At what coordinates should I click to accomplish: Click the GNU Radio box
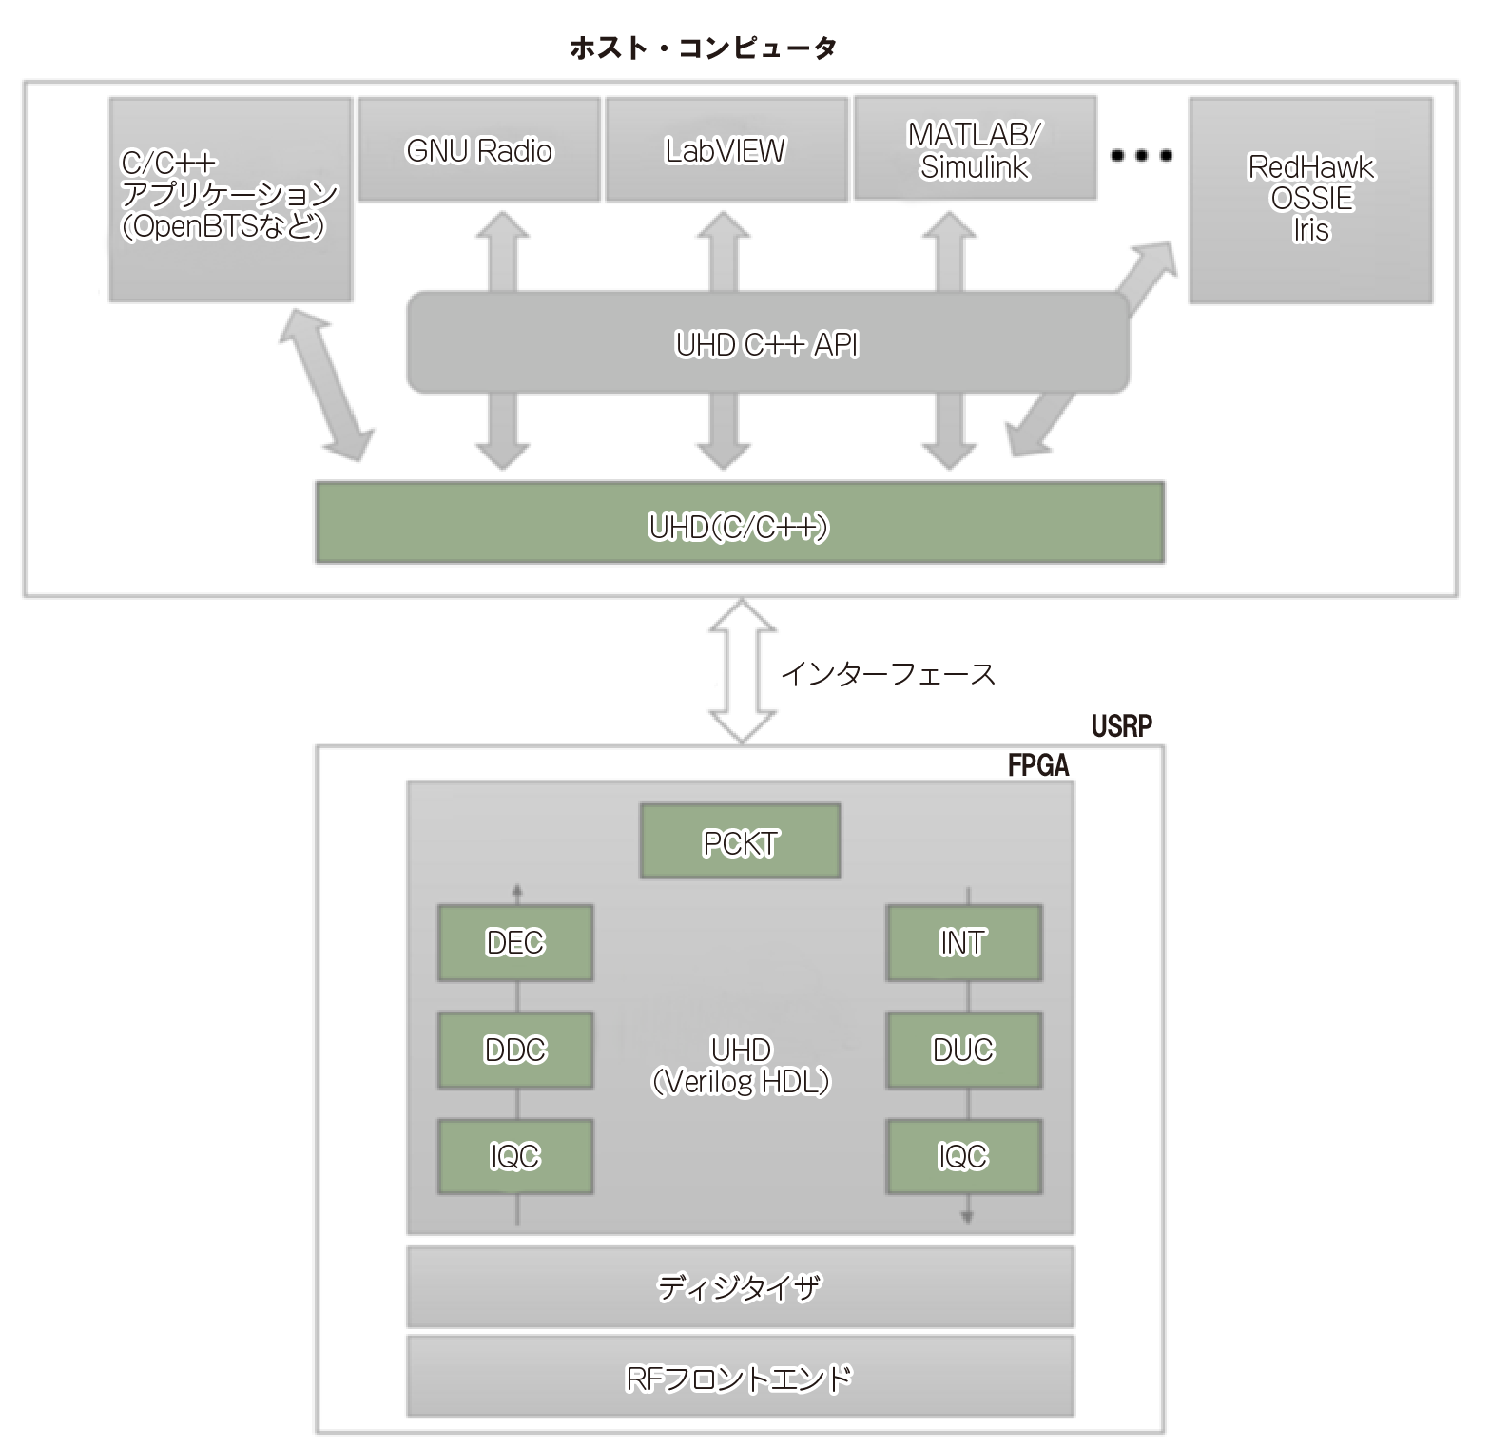(479, 150)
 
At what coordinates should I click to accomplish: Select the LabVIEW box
(726, 150)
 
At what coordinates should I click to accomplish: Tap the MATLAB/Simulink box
(975, 149)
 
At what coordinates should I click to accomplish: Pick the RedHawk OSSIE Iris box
(1310, 200)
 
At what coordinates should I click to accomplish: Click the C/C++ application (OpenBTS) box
(230, 200)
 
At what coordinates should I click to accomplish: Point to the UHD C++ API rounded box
(767, 343)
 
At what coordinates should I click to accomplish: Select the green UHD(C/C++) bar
(739, 524)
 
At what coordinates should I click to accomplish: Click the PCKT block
(740, 841)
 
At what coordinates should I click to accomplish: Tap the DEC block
(515, 942)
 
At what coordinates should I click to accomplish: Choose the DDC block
(515, 1050)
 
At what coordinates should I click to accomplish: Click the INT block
(963, 942)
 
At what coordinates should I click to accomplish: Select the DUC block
(963, 1050)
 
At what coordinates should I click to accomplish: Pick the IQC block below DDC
(515, 1156)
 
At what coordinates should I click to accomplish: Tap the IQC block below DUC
(963, 1156)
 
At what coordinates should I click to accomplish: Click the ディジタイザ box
(740, 1286)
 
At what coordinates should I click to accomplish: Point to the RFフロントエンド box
(740, 1377)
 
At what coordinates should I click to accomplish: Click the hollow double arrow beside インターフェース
(743, 671)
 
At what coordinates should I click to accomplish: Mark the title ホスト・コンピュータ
(703, 48)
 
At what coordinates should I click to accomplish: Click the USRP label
(1121, 726)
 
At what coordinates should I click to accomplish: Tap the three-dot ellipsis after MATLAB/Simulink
(1141, 155)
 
